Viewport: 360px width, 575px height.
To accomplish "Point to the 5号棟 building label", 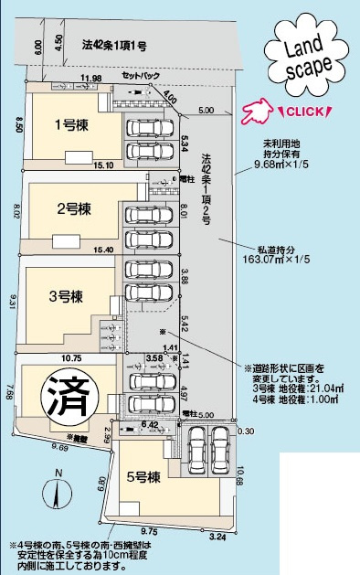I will [x=144, y=475].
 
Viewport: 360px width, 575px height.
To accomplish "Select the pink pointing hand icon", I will [x=257, y=112].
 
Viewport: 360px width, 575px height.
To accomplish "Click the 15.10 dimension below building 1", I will [x=103, y=165].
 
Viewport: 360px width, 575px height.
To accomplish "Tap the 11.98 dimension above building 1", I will [x=90, y=80].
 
